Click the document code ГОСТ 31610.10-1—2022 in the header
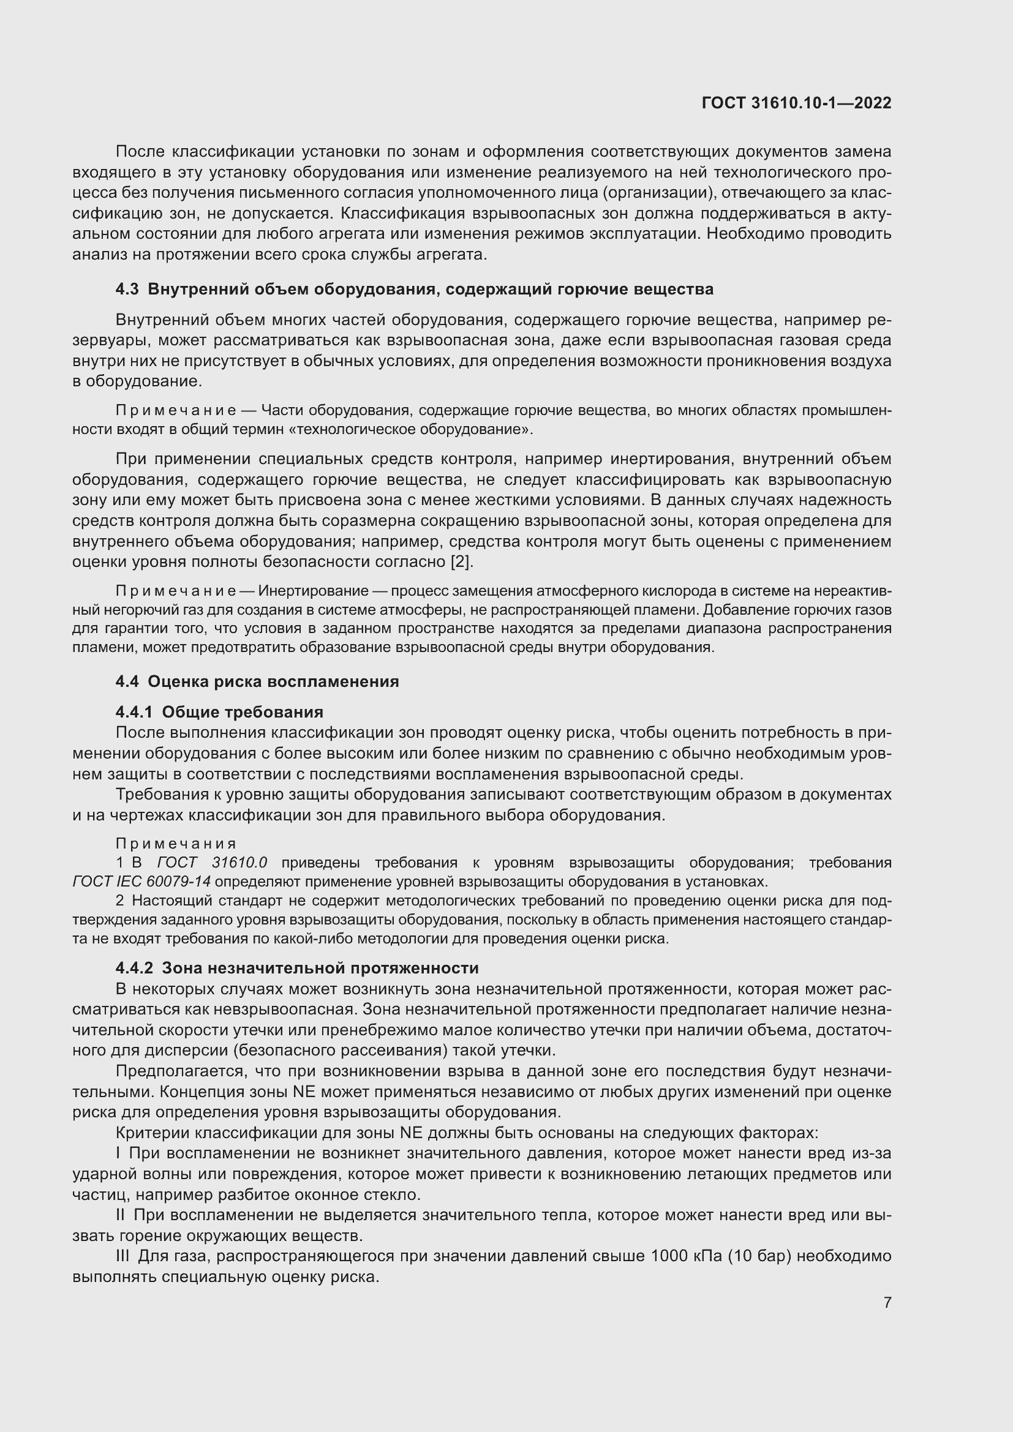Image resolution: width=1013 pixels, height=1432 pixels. coord(796,103)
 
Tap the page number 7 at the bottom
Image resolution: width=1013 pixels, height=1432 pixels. coord(887,1302)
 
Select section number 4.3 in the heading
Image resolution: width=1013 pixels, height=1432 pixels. coord(127,290)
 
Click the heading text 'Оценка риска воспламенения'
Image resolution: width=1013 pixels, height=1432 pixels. coord(273,681)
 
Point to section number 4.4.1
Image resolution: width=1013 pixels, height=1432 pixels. coord(134,712)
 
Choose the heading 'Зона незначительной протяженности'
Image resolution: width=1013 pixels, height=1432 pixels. coord(320,968)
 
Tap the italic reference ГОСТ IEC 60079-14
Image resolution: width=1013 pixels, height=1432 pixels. coord(141,882)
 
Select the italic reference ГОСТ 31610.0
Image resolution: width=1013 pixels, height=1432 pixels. coord(212,863)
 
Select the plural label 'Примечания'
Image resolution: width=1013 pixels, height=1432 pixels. coord(176,844)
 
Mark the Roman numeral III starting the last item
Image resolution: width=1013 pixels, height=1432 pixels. coord(124,1256)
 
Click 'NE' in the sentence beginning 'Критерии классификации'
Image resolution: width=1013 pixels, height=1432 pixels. coord(411,1133)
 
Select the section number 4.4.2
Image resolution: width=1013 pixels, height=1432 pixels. coord(134,968)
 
